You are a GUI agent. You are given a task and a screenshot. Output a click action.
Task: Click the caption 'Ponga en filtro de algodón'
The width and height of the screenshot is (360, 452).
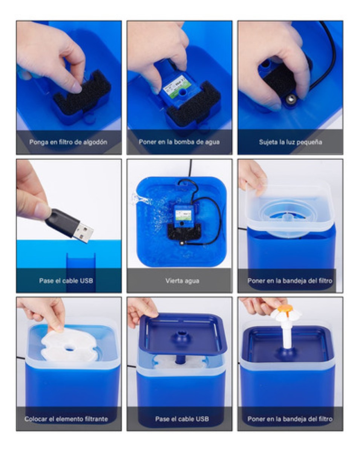point(68,142)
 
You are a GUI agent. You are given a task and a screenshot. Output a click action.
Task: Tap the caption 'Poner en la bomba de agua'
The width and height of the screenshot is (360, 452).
point(179,142)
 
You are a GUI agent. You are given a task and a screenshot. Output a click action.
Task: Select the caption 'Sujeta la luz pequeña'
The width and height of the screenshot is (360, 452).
point(290,142)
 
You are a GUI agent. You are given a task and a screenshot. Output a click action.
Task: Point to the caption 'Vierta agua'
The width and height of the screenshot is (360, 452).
point(182,281)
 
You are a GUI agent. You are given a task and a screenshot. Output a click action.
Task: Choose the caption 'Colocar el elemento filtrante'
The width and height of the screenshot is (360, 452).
point(66,419)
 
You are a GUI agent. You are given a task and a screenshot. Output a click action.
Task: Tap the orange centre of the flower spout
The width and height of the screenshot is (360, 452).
point(285,308)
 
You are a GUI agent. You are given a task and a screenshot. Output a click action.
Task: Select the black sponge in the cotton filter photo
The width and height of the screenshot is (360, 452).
point(82,93)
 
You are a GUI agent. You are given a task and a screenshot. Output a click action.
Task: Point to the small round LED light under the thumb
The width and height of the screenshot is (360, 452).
point(291,99)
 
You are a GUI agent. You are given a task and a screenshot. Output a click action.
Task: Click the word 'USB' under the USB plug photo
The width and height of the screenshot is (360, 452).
point(86,281)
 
